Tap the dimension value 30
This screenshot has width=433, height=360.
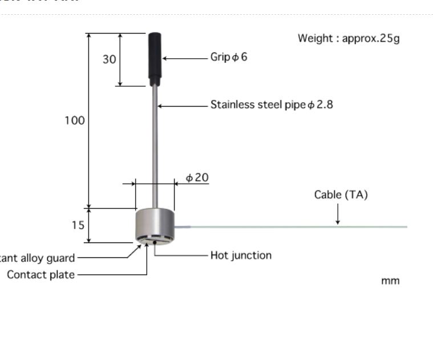[x=110, y=59]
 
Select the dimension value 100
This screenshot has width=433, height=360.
[x=75, y=120]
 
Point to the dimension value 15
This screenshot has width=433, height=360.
[x=78, y=225]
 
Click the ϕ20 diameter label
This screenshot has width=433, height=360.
[x=197, y=177]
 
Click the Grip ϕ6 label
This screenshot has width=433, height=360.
[x=229, y=57]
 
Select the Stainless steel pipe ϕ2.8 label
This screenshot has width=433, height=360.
[x=272, y=105]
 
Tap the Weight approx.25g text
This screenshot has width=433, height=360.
[x=349, y=38]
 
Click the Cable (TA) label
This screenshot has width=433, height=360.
[x=341, y=195]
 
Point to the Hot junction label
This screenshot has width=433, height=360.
[x=241, y=255]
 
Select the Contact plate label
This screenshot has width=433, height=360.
[x=41, y=274]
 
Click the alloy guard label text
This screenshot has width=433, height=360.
[x=38, y=258]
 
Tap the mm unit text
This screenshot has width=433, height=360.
[x=391, y=281]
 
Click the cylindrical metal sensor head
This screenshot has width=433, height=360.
[x=154, y=225]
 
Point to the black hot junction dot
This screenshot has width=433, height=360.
[x=154, y=242]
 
